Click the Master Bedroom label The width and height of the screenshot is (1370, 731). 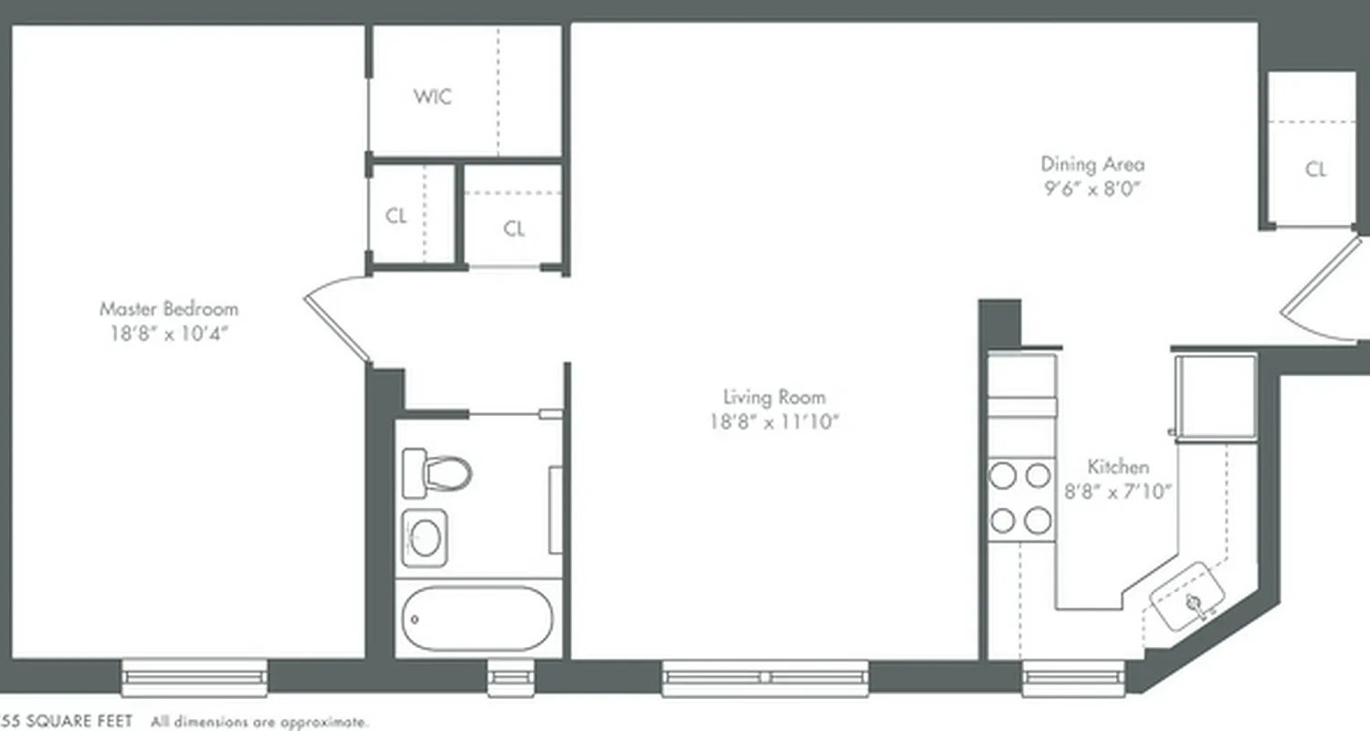(x=169, y=309)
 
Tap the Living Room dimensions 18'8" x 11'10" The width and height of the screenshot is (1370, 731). (x=775, y=422)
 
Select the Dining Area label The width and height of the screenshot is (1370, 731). (x=1092, y=164)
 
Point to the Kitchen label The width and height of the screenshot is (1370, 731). (x=1118, y=466)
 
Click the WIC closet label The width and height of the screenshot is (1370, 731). (x=432, y=97)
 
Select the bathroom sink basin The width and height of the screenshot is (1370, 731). (x=425, y=537)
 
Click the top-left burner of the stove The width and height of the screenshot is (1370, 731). (x=1003, y=475)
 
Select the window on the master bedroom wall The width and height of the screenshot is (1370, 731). (x=195, y=678)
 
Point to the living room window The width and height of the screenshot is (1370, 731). (x=765, y=678)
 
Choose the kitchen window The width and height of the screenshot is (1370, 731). (x=1074, y=678)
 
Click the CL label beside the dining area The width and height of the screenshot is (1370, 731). (x=1315, y=169)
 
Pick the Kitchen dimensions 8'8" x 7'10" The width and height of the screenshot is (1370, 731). (x=1118, y=491)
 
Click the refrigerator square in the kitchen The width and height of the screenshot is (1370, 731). (x=1215, y=395)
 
